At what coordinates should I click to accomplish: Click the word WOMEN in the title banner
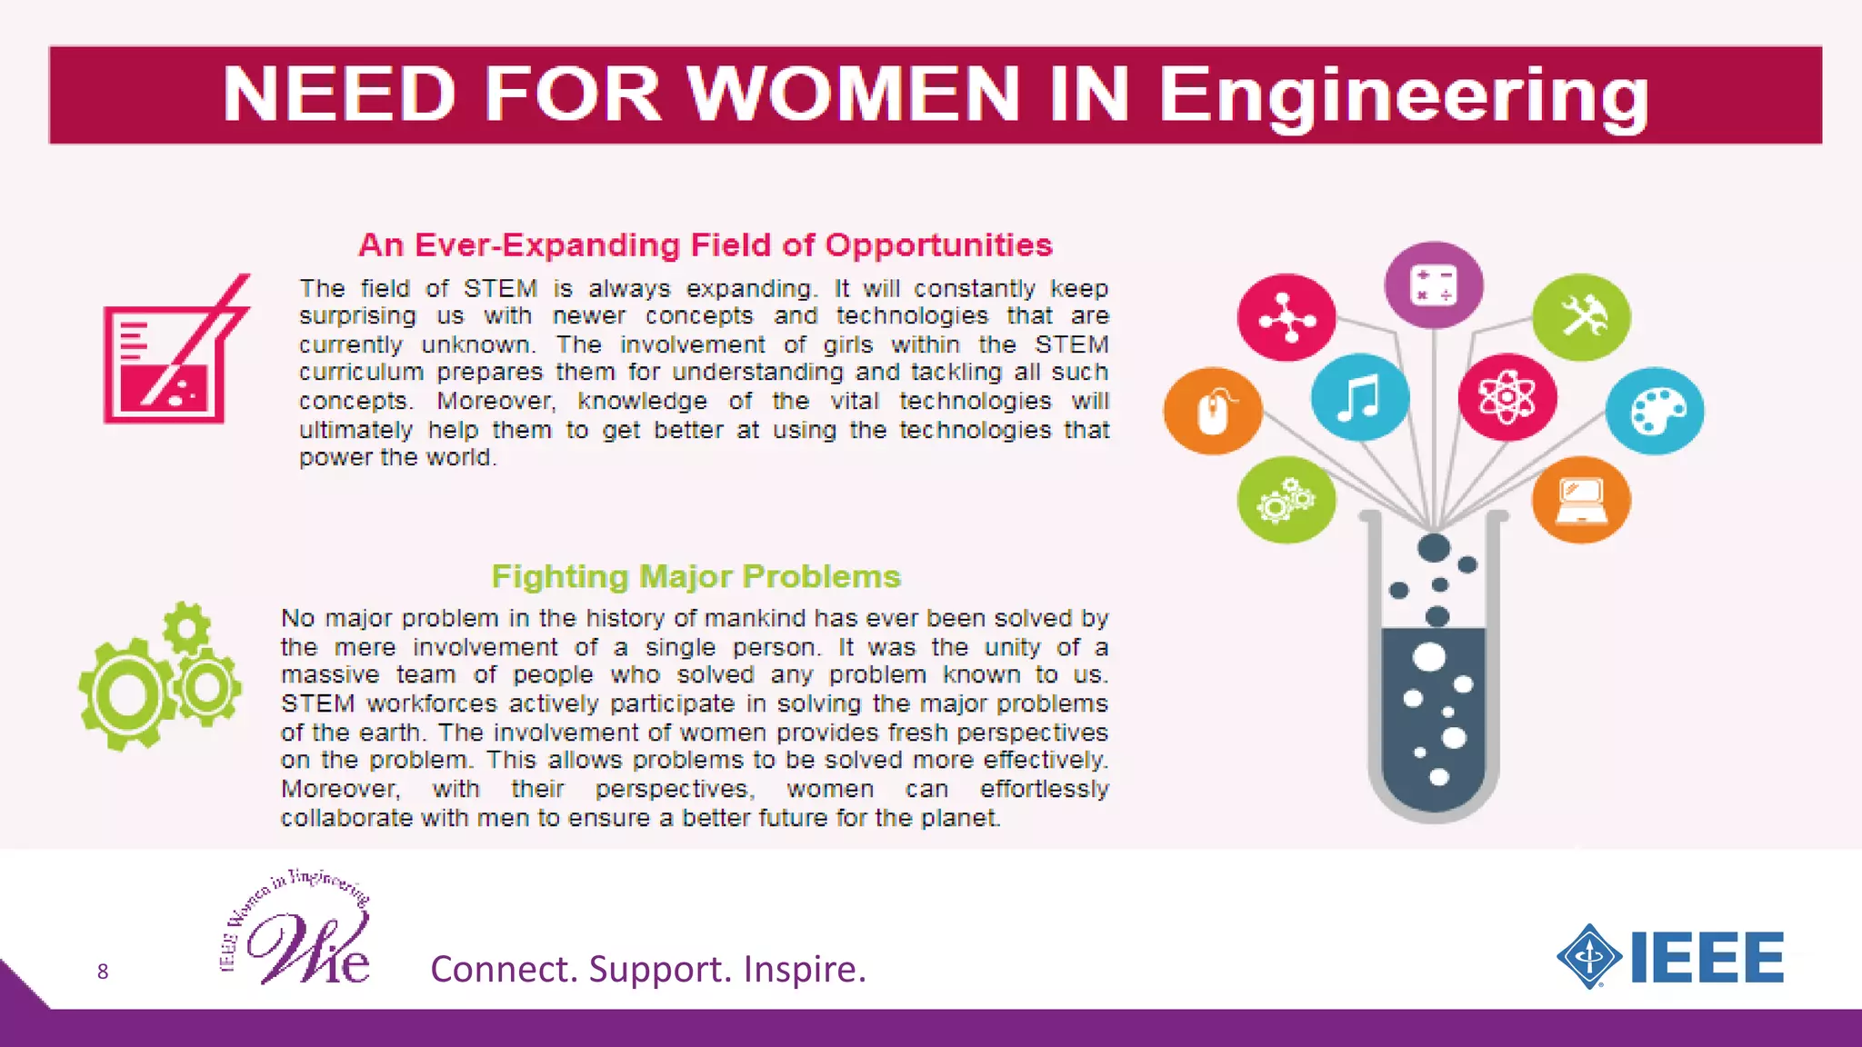click(853, 94)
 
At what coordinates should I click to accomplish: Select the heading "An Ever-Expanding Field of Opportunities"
click(706, 245)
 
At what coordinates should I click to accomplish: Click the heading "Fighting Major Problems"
click(696, 576)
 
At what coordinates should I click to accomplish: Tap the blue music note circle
click(1359, 397)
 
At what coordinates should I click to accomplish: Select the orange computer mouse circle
click(1213, 412)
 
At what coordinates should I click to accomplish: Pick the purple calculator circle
click(1434, 285)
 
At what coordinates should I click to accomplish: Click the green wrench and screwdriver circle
click(1581, 317)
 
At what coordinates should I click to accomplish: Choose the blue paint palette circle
click(1655, 411)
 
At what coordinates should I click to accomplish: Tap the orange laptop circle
click(1581, 500)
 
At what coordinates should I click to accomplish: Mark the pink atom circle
click(1507, 397)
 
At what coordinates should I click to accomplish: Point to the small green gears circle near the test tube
click(1286, 500)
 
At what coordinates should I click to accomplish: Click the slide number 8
click(103, 972)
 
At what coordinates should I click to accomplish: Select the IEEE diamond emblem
click(1589, 956)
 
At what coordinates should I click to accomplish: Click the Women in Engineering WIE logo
click(297, 930)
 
